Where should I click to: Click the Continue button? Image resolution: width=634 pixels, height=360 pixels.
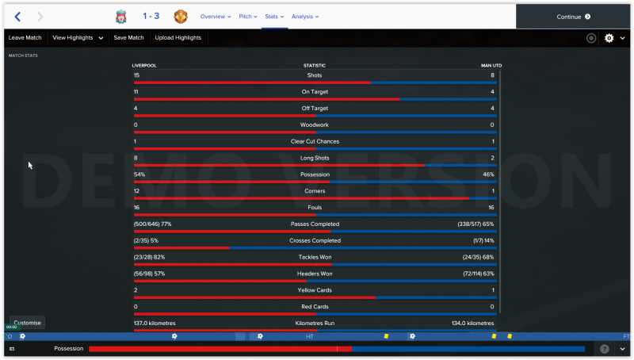[574, 16]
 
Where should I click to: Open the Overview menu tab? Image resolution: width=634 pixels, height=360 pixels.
[215, 16]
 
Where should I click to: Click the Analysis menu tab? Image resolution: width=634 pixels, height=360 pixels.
[304, 16]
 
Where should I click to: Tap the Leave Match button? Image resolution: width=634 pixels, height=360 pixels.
[25, 37]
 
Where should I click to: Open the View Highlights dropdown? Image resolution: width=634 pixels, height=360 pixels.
[78, 37]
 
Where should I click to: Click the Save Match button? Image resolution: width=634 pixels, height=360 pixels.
[128, 37]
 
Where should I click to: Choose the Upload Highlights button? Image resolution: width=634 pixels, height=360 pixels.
[178, 37]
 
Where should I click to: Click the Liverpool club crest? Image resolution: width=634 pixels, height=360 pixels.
[120, 16]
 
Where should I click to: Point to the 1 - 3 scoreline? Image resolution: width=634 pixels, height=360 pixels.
[151, 16]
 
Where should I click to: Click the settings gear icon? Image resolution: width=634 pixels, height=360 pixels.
[609, 37]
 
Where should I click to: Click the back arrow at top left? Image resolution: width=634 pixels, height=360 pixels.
[17, 16]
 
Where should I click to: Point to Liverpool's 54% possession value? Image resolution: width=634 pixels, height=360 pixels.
[139, 174]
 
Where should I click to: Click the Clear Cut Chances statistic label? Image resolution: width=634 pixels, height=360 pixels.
[315, 141]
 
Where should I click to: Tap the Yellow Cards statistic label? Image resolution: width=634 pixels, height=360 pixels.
[315, 290]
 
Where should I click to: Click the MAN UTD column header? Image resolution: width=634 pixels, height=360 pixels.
[491, 65]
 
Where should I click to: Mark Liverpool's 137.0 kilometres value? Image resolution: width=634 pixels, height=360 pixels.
[155, 324]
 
